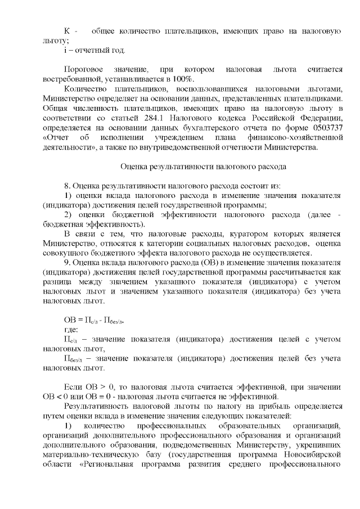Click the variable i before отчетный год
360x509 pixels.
(66, 51)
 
